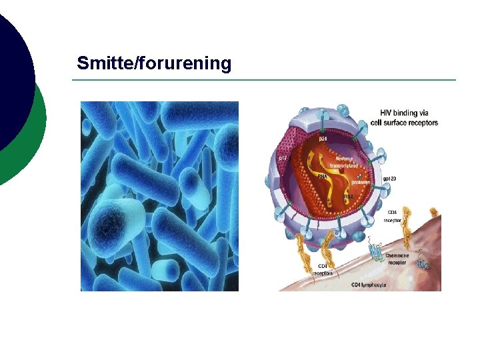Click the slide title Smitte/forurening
click(x=154, y=64)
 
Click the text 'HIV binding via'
click(x=404, y=113)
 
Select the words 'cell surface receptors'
click(x=404, y=123)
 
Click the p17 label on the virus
click(x=283, y=159)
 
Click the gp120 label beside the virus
click(x=390, y=179)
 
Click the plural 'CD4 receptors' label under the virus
click(x=323, y=269)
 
